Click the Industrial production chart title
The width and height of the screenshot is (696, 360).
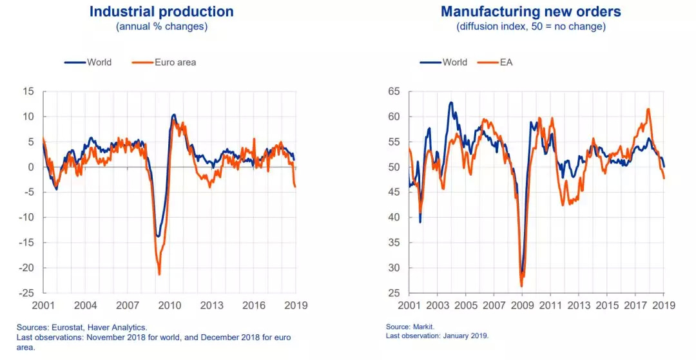coord(161,12)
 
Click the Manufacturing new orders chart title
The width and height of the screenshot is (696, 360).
coord(532,12)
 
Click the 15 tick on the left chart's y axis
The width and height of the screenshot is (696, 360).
coord(28,92)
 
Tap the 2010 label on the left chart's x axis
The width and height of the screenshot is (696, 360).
coord(169,305)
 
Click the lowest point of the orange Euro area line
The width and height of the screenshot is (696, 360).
coord(159,275)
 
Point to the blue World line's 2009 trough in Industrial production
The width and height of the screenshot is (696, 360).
coord(158,236)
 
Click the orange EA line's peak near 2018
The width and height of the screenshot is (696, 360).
coord(648,109)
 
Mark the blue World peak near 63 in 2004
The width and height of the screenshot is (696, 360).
coord(450,102)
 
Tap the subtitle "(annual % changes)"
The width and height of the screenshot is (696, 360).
coord(161,27)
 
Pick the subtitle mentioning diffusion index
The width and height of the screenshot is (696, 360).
coord(532,27)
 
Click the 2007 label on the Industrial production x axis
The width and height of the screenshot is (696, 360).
coord(128,305)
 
